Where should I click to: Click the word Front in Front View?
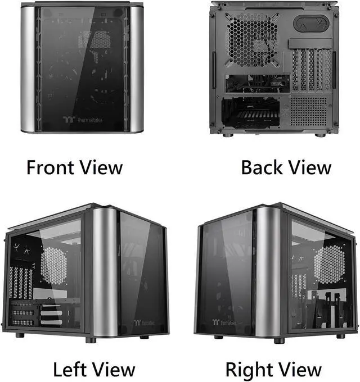coord(51,167)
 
